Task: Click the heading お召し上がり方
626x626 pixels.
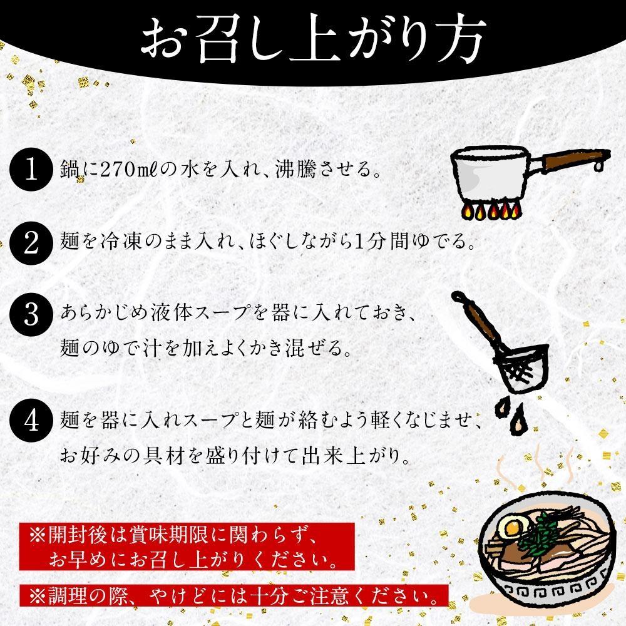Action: pyautogui.click(x=312, y=39)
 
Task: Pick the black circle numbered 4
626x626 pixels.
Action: pyautogui.click(x=29, y=416)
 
